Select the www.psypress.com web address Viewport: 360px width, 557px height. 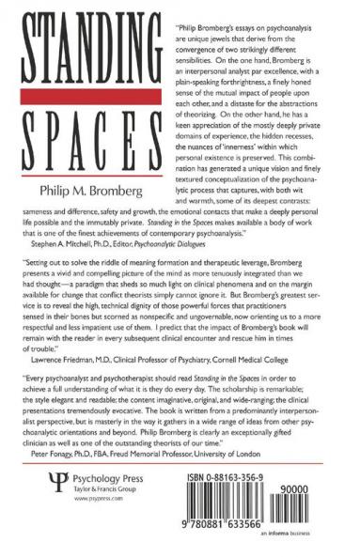tap(79, 488)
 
